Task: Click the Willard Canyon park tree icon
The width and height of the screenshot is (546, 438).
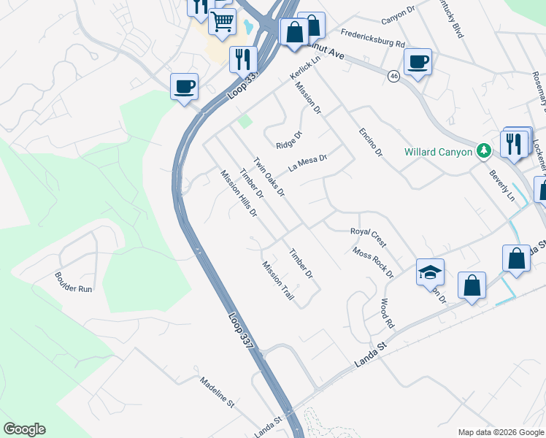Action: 482,151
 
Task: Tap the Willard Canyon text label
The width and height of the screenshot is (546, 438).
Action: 439,152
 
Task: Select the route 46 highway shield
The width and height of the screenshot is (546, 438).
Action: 394,77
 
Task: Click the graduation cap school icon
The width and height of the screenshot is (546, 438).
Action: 430,272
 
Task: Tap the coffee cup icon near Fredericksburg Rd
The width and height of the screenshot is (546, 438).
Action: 418,62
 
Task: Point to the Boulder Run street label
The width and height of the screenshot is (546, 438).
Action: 74,283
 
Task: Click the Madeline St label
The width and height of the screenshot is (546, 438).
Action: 216,392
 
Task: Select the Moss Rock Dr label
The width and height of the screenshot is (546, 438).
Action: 372,263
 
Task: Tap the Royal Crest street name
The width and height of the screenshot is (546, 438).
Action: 368,237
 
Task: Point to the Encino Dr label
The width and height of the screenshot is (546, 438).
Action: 370,142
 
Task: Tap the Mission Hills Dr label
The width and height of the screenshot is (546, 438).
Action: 239,193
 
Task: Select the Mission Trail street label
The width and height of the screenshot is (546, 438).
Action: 278,282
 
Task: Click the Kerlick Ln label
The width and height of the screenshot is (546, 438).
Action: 304,71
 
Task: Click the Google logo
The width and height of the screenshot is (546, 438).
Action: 24,429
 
